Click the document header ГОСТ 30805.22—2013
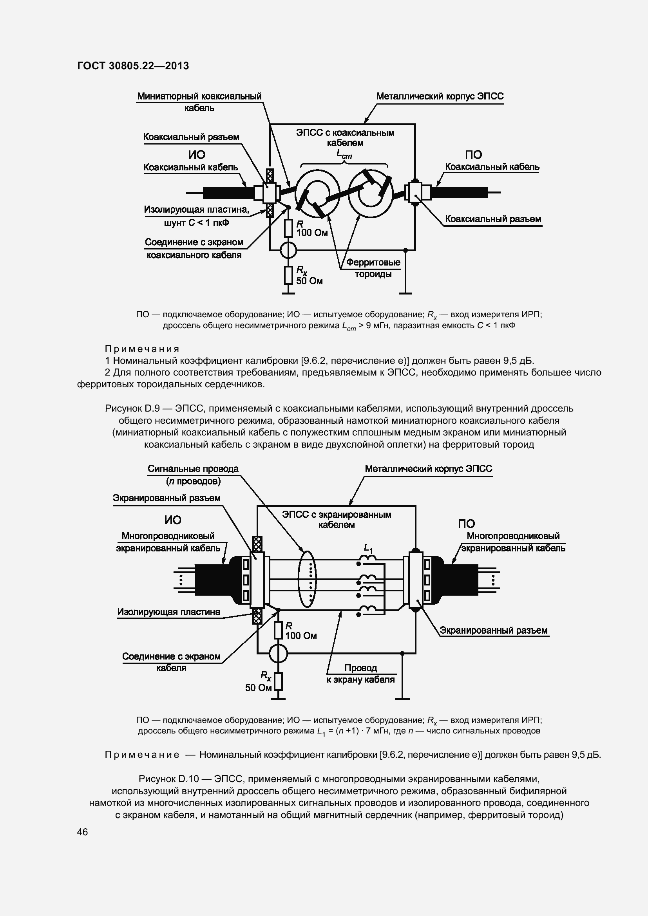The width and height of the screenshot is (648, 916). (x=133, y=65)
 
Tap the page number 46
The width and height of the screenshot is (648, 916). (x=83, y=832)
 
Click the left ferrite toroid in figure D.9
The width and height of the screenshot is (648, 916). (x=318, y=193)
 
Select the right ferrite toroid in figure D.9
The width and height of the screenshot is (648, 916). (x=371, y=194)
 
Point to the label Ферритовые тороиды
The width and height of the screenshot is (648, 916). (x=373, y=268)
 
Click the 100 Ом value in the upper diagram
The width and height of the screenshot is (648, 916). (x=312, y=233)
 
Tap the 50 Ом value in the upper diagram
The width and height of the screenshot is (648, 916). (x=309, y=281)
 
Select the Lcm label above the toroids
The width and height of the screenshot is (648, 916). (x=344, y=154)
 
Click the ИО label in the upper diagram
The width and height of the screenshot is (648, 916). (x=196, y=155)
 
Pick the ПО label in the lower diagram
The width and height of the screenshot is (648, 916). (x=466, y=524)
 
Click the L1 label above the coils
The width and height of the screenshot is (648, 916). (x=368, y=549)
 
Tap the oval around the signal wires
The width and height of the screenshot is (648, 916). (x=307, y=579)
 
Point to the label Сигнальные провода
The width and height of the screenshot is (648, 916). (x=193, y=469)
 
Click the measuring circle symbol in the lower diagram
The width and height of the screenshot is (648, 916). (x=278, y=653)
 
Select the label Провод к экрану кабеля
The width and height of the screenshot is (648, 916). (x=360, y=674)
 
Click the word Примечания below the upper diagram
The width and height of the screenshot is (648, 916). (x=142, y=349)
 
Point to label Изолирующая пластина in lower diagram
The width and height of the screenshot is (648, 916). (x=168, y=612)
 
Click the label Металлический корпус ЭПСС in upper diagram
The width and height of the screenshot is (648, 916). (x=440, y=97)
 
